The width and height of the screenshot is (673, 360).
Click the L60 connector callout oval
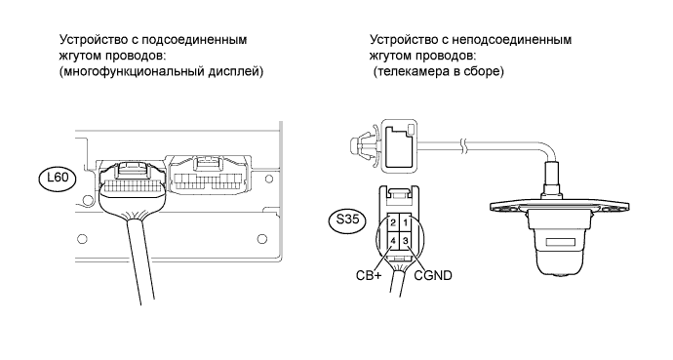[x=58, y=179]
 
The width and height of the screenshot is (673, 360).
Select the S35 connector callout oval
[x=346, y=220]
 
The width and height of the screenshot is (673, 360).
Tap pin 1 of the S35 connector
[x=405, y=223]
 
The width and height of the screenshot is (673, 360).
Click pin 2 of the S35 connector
[x=393, y=223]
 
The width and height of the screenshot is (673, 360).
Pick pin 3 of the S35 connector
[x=405, y=241]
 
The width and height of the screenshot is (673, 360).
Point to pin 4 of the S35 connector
[x=393, y=241]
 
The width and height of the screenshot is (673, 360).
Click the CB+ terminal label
[x=369, y=275]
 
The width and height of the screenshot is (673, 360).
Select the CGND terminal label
[x=433, y=275]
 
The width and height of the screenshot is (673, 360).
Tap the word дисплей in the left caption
[x=236, y=71]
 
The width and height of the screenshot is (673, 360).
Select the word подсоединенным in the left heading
[x=194, y=40]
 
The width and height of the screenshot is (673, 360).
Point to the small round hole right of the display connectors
[x=268, y=179]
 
